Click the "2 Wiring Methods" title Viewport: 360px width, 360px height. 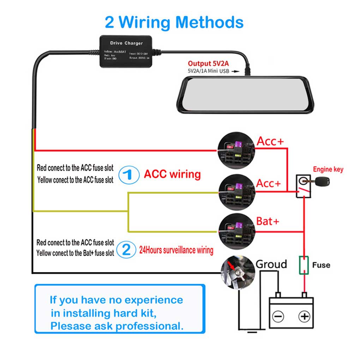point(174,22)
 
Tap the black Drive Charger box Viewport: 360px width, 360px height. point(126,51)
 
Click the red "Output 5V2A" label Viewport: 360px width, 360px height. point(208,64)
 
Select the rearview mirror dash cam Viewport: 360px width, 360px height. point(245,94)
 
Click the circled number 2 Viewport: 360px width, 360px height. point(126,250)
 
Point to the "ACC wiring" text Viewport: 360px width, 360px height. point(172,174)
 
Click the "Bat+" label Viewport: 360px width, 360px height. point(268,221)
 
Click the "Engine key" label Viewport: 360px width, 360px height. point(328,169)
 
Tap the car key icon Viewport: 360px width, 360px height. point(320,182)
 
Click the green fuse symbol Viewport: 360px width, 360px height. point(304,265)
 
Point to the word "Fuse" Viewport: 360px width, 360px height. point(321,265)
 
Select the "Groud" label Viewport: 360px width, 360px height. point(271,264)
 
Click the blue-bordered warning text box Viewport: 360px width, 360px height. point(120,309)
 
